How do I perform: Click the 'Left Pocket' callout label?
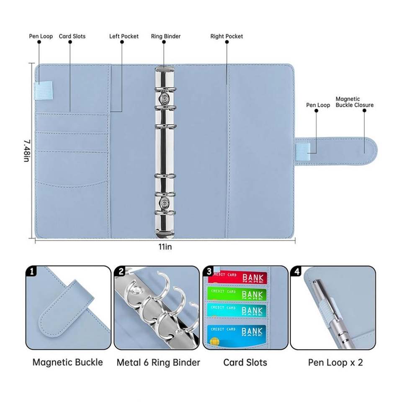click(124, 36)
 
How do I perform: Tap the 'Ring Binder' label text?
click(166, 36)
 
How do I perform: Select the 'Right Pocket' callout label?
click(227, 36)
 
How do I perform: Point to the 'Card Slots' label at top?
click(72, 36)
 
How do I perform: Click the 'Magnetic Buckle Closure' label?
click(355, 102)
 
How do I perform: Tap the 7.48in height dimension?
click(27, 151)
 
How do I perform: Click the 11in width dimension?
click(165, 247)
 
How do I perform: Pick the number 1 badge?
click(31, 271)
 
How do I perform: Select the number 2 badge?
click(121, 271)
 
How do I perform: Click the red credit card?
click(237, 277)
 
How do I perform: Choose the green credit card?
click(237, 294)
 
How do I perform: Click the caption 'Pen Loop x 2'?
click(335, 363)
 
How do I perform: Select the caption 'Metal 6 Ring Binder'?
click(158, 363)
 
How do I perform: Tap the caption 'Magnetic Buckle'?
click(68, 362)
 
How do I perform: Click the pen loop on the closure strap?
click(303, 151)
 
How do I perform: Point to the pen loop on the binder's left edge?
click(44, 90)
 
